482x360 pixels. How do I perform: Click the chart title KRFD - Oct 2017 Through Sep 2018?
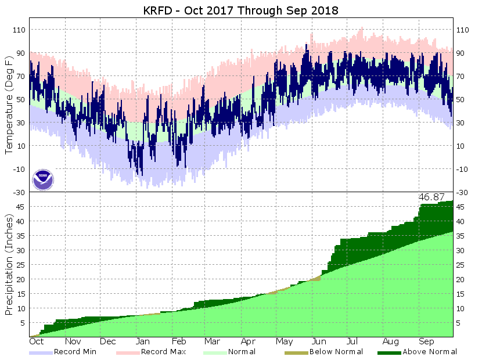(x=241, y=11)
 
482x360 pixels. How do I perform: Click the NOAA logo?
(x=43, y=179)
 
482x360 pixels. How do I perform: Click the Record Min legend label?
(x=75, y=351)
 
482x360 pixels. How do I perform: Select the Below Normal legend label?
(x=336, y=351)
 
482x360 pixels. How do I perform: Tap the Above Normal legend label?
(x=430, y=351)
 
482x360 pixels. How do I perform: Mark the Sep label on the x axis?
(x=426, y=342)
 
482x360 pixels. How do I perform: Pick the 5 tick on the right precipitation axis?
(x=459, y=323)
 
